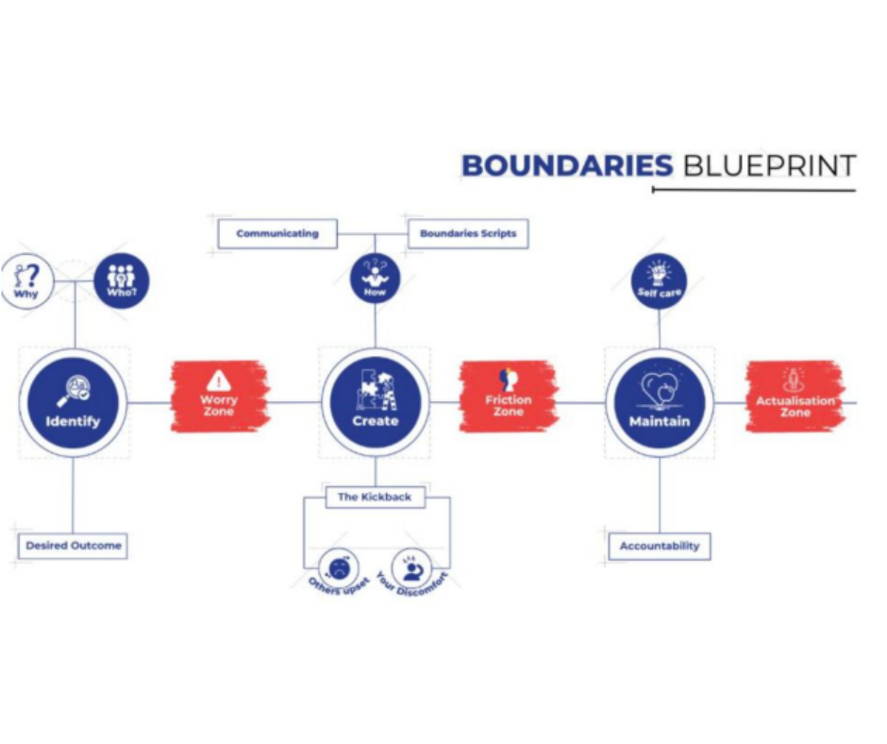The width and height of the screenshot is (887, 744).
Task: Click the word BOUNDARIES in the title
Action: tap(566, 166)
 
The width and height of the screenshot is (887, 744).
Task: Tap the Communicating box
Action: tap(277, 233)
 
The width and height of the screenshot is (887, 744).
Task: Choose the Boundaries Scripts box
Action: tap(468, 233)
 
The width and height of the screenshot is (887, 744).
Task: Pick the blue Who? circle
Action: tap(122, 279)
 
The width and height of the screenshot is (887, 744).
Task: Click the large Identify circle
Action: tap(73, 403)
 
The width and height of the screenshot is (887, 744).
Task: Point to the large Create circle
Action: tap(376, 403)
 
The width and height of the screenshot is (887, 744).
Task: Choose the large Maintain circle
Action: tap(660, 403)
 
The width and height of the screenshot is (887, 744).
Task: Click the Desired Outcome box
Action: tap(73, 546)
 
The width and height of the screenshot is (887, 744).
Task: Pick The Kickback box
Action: tap(375, 497)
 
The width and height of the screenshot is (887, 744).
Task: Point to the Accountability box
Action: tap(660, 546)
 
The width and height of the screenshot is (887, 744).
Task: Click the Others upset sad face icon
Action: tap(337, 567)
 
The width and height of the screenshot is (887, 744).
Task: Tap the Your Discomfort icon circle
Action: tap(411, 567)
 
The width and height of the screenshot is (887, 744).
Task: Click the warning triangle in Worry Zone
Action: tap(219, 381)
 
